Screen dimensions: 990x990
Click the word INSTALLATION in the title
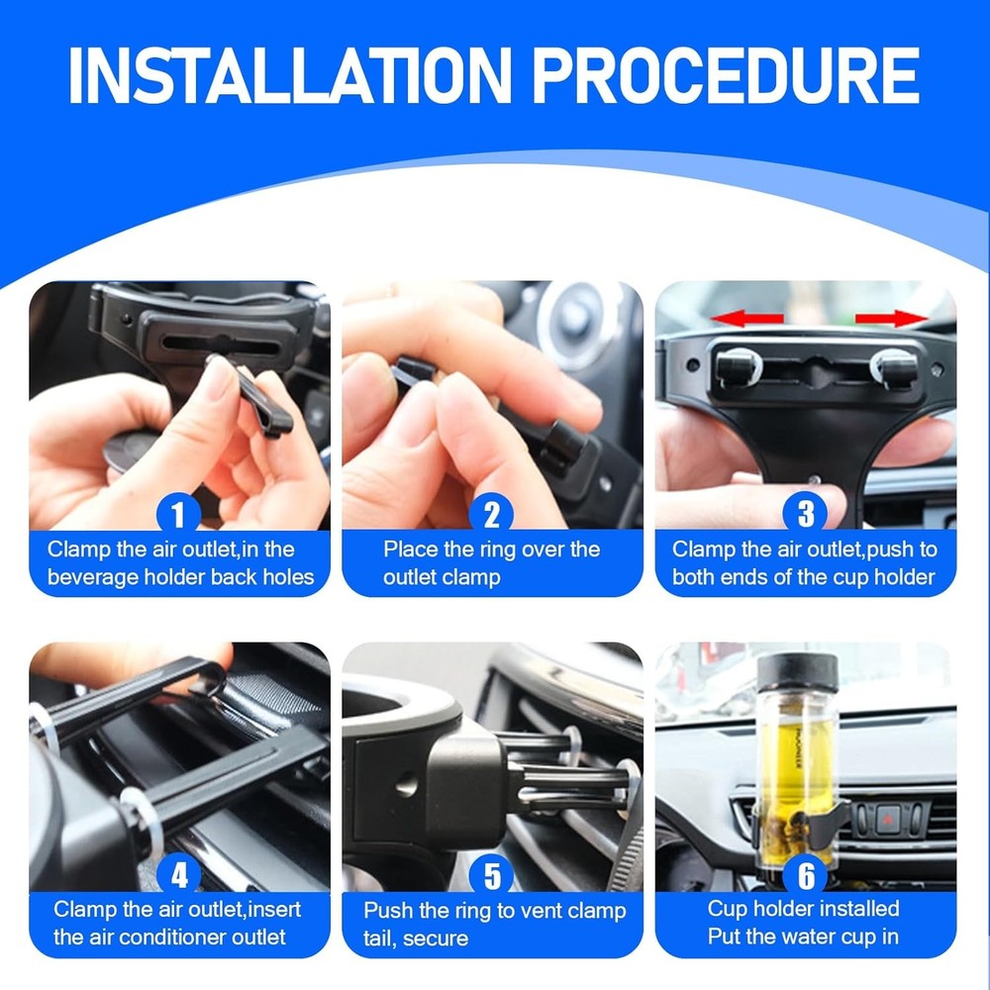tap(289, 75)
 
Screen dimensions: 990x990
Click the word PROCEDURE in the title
tap(726, 75)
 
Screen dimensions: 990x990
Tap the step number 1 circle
tap(178, 514)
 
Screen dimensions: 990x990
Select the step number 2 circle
tap(491, 514)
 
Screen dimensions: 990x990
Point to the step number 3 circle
tap(805, 514)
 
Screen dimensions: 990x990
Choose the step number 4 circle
tap(178, 875)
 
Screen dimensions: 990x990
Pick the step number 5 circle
tap(492, 875)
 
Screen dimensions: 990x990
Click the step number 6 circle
tap(806, 875)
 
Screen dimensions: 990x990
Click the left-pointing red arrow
tap(746, 318)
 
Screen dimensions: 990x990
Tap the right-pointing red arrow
tap(892, 318)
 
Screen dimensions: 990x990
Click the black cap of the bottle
tap(798, 672)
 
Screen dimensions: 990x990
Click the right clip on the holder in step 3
tap(895, 367)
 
